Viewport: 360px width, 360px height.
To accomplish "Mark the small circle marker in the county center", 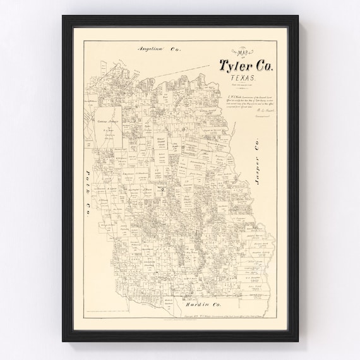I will (162, 188).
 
